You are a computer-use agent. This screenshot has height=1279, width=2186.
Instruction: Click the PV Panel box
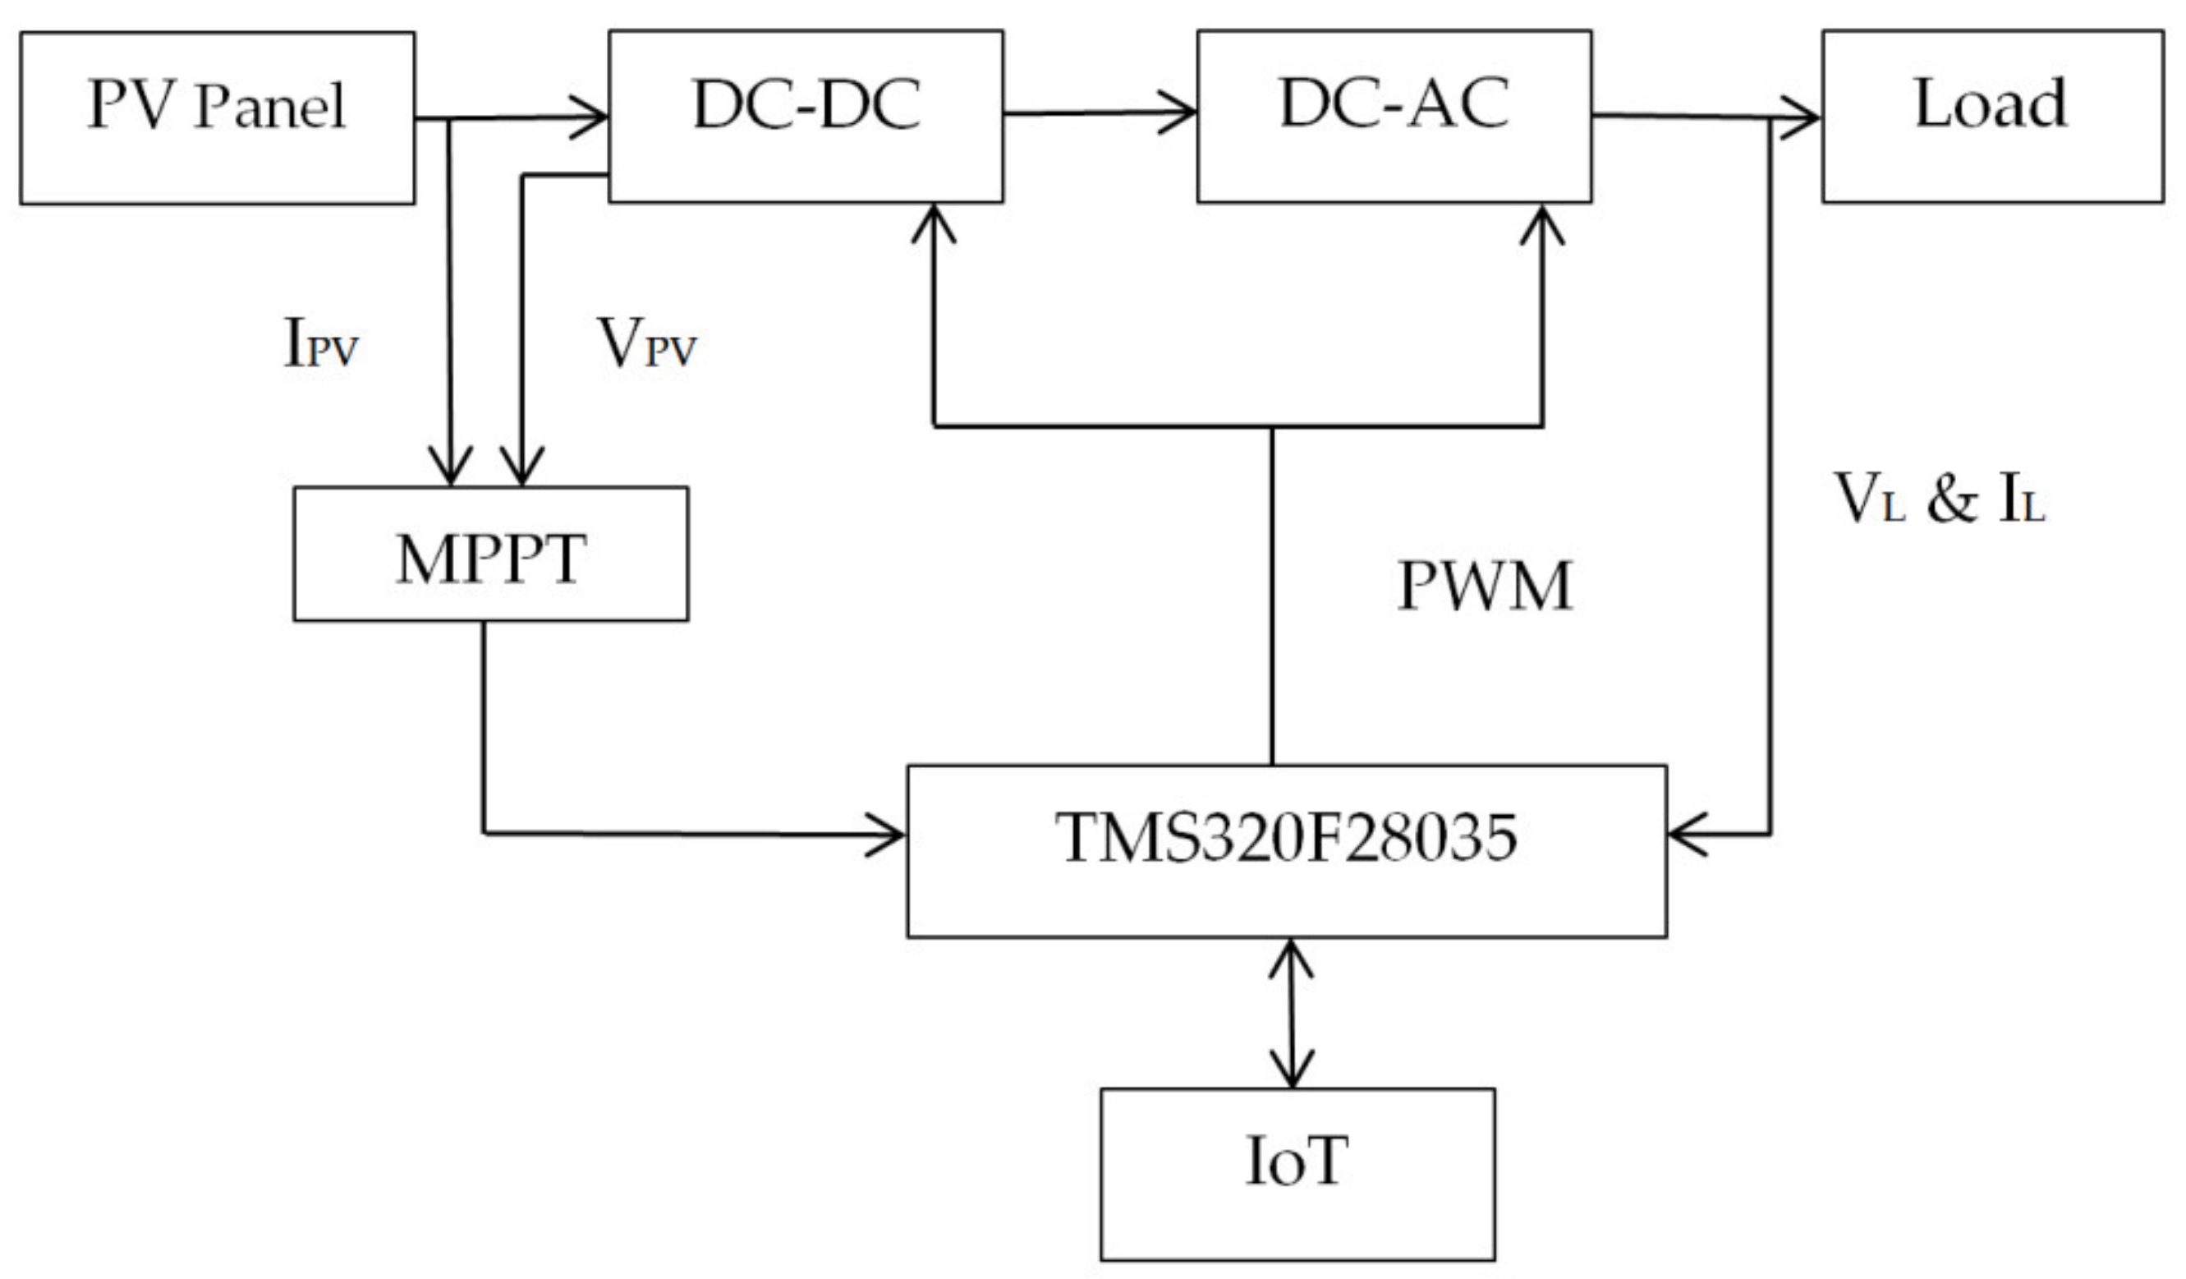pos(217,118)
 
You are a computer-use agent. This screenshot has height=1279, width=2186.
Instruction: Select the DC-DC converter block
pos(806,117)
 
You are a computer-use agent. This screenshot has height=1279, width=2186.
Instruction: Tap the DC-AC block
pos(1394,117)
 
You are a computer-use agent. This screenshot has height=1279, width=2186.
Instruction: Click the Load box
pos(1992,117)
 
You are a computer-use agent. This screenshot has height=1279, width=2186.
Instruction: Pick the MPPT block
pos(491,554)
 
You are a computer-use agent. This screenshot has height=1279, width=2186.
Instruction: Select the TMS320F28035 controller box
pos(1287,851)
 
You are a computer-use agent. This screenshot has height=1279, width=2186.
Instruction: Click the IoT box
pos(1297,1174)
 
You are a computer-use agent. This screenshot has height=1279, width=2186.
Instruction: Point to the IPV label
pos(321,343)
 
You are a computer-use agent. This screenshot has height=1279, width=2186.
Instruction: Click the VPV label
pos(646,343)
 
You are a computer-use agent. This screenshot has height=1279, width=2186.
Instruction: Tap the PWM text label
pos(1485,587)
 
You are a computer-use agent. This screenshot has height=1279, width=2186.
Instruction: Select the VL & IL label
pos(1939,499)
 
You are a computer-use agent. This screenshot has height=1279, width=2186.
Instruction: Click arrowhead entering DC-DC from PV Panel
pos(595,117)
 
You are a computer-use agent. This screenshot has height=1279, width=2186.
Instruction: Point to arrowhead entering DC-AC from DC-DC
pos(1183,113)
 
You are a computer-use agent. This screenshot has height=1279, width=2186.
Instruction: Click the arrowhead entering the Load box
pos(1804,118)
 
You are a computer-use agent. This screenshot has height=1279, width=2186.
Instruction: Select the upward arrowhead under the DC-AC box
pos(1542,220)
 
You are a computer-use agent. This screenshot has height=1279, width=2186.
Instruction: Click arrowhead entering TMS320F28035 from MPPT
pos(892,835)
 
